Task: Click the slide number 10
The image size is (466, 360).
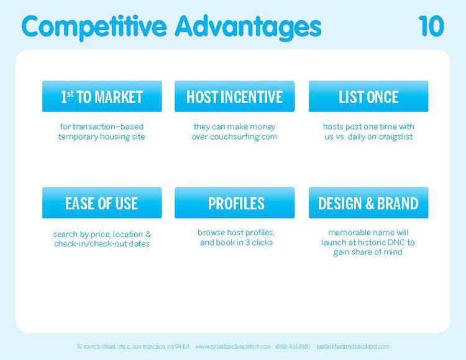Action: (x=431, y=27)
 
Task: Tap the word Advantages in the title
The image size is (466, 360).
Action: (x=248, y=27)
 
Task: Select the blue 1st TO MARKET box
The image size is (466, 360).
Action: (x=102, y=97)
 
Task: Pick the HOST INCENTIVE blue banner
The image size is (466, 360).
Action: (x=234, y=97)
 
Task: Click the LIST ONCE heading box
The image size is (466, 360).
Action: (x=368, y=97)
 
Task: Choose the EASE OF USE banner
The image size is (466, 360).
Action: (x=102, y=203)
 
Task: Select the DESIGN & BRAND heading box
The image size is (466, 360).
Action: (x=368, y=203)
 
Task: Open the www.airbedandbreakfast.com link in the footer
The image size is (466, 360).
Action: (x=233, y=346)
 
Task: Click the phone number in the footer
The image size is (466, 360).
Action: (x=293, y=346)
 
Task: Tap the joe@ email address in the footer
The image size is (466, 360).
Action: (x=352, y=346)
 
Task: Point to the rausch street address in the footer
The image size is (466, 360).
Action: (x=132, y=346)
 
